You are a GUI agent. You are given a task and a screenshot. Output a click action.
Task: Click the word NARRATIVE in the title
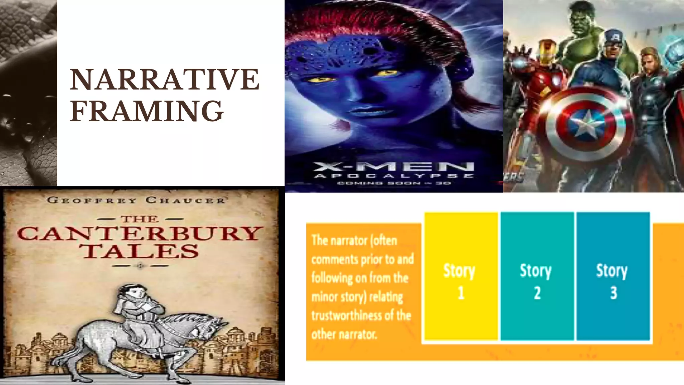(x=164, y=80)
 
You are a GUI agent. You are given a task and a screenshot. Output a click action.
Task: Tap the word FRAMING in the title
(x=147, y=111)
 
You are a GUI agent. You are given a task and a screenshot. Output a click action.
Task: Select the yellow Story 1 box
(x=461, y=276)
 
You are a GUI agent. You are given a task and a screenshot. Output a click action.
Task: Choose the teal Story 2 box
(x=536, y=276)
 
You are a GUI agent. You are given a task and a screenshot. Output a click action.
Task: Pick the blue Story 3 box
(x=613, y=276)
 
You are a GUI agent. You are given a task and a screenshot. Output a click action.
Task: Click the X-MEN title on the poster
(x=394, y=166)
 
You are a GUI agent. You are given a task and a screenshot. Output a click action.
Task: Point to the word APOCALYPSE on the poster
(x=394, y=176)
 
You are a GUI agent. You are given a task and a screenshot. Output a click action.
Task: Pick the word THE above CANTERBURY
(x=140, y=219)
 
